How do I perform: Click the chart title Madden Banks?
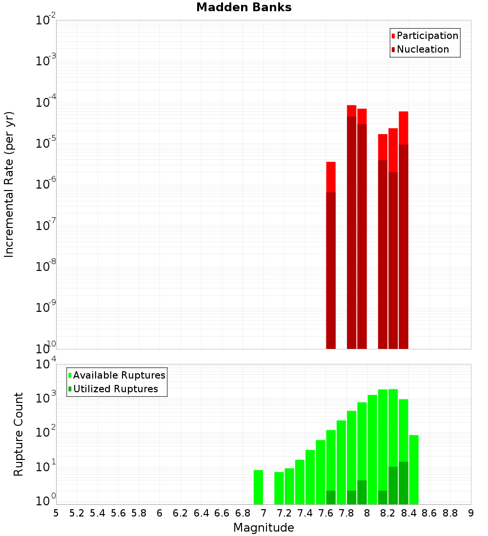(244, 8)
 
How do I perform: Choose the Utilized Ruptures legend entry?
(115, 389)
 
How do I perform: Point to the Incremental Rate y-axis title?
(9, 184)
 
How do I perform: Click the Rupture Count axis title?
(19, 434)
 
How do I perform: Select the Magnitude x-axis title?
(264, 528)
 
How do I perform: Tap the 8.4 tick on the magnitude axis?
(409, 513)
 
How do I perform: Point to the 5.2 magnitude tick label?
(77, 513)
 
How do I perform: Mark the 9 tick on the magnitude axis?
(471, 513)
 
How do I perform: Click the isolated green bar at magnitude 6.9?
(258, 487)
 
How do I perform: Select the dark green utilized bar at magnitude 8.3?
(404, 483)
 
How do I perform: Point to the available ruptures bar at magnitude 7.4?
(310, 477)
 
